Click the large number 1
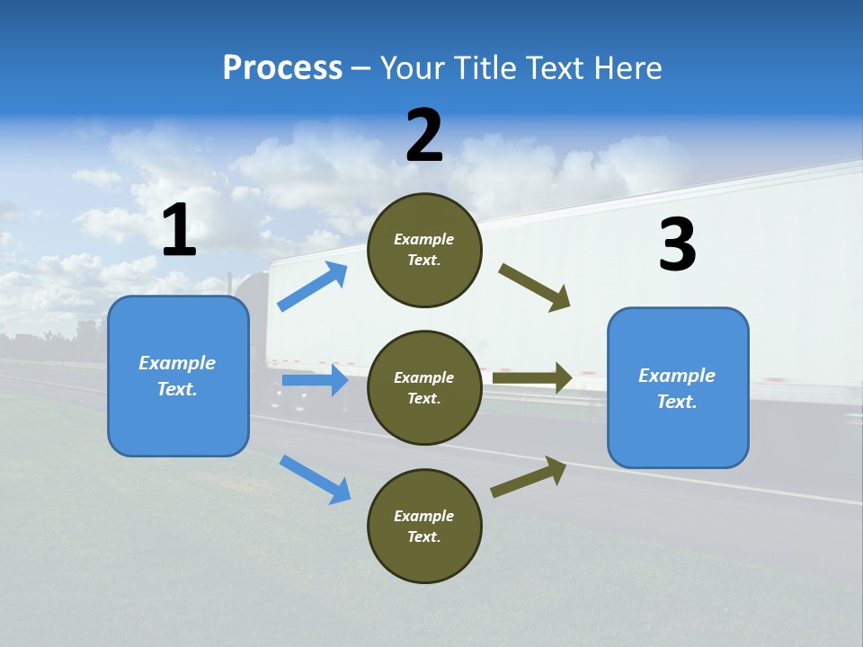[179, 230]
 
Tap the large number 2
[424, 136]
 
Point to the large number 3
[677, 244]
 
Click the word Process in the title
[282, 67]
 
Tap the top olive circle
[424, 250]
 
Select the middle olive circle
[424, 387]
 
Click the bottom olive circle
[424, 526]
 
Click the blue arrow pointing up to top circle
[313, 287]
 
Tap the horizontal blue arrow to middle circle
[315, 380]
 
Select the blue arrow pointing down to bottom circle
[315, 479]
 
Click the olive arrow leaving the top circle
[534, 288]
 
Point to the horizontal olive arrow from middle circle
[532, 377]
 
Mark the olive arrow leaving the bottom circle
[529, 476]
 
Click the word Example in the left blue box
[177, 363]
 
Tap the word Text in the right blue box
[676, 402]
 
